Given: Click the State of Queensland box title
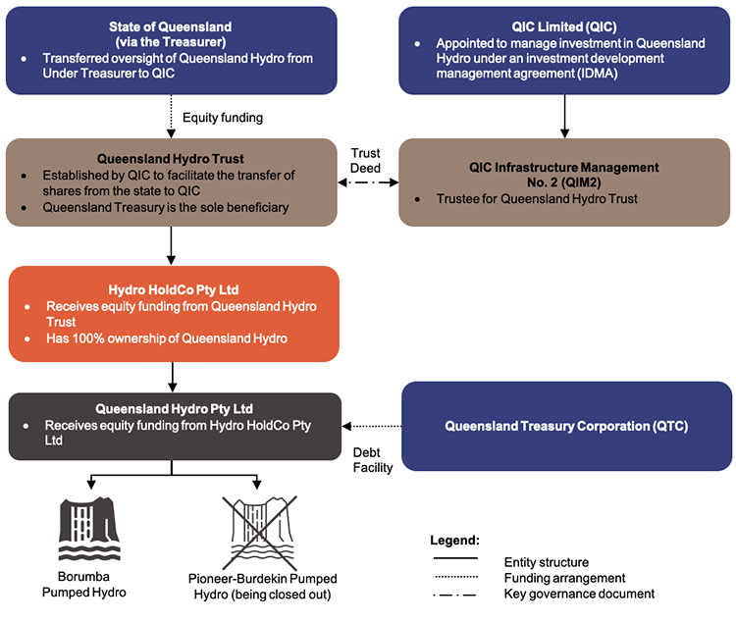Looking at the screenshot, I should pos(171,31).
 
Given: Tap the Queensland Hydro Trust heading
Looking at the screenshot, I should pos(171,157).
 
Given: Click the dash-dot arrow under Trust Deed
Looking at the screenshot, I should pos(369,182).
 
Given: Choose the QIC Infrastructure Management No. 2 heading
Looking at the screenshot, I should pos(563,175).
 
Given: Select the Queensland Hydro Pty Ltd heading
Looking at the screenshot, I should pos(175,408).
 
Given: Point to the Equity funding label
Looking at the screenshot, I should pos(223,118).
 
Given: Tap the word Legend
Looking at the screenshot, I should pos(454,541).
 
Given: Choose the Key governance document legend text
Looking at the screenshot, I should pos(579,594).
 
